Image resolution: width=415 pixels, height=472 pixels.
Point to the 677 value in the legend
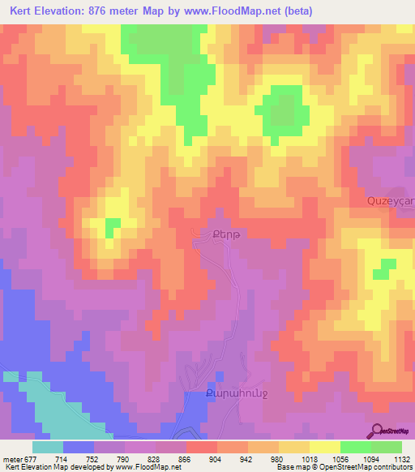(21, 458)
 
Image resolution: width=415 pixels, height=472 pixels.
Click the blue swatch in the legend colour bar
(78, 447)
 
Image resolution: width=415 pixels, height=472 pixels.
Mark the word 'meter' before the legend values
(9, 458)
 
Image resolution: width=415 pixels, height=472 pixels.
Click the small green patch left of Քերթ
(113, 223)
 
